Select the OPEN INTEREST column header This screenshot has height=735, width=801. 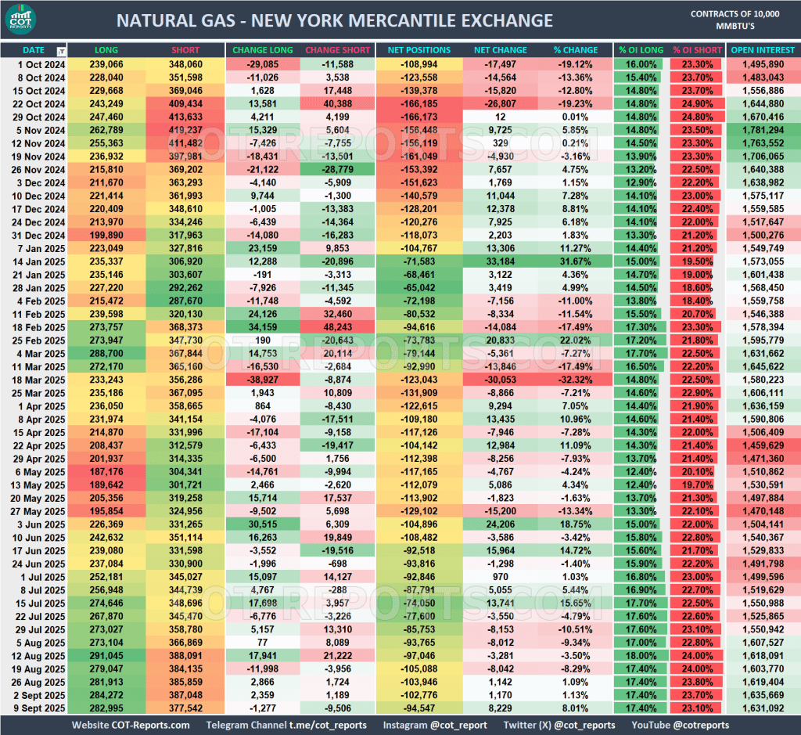tap(763, 50)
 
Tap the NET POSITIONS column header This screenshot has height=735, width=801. tap(418, 50)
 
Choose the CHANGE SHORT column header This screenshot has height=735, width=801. tap(337, 50)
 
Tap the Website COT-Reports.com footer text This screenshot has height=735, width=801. tap(131, 725)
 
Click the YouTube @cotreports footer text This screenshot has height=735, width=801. tap(681, 725)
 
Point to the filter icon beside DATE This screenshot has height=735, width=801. tap(61, 51)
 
